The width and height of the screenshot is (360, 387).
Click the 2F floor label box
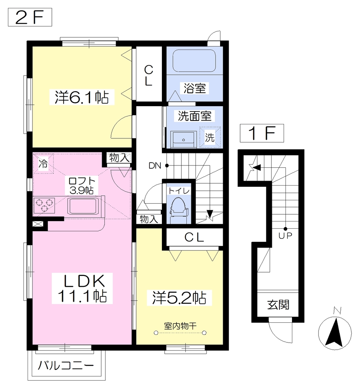point(30,17)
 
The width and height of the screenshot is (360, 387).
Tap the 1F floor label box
point(262,133)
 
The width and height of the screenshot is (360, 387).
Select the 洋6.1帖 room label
point(82,97)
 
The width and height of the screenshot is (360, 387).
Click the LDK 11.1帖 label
point(82,288)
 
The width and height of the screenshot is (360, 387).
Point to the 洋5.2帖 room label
point(179,298)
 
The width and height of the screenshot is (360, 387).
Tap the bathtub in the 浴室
point(194,61)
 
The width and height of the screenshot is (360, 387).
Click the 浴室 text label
point(195,88)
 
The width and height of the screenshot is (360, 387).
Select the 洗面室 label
point(195,116)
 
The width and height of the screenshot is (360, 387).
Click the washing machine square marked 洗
point(210,137)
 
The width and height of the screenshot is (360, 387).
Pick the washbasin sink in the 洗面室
point(183,139)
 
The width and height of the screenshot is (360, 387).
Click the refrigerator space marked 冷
point(43,163)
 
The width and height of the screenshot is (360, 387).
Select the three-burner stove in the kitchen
point(44,205)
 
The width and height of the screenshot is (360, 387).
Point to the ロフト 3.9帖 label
point(81,185)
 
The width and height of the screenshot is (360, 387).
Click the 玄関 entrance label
point(278,305)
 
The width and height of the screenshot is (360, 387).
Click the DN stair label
point(155,166)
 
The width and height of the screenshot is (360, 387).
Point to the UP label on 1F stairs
point(285,236)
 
